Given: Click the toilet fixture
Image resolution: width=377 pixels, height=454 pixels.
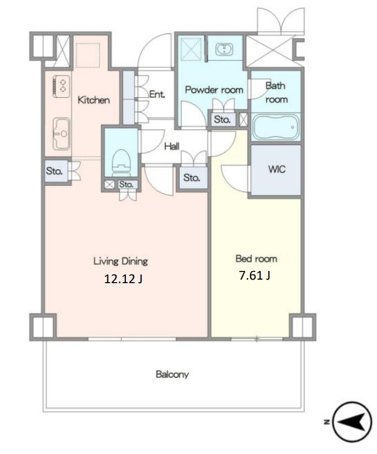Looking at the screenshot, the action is [121, 163].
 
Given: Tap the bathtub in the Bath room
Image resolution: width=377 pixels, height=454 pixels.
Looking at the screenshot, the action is [275, 127].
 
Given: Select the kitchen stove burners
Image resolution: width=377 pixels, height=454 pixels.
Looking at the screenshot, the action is [62, 86].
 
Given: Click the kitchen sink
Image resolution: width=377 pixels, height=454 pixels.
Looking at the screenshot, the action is [61, 134].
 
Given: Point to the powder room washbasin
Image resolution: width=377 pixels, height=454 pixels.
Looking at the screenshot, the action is [224, 49].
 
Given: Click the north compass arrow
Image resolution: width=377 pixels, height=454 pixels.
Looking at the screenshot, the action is [352, 422].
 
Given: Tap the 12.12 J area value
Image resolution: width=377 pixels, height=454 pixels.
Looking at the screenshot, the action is [123, 279].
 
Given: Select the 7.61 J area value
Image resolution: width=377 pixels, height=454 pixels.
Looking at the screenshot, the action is [255, 276].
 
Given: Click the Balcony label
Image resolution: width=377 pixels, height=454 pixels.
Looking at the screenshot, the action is [172, 374].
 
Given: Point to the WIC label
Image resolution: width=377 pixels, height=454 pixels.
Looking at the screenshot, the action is [277, 169].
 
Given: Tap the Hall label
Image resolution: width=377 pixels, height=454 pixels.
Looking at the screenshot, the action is [172, 146].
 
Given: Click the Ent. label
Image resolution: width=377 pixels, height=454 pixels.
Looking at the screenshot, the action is [157, 94].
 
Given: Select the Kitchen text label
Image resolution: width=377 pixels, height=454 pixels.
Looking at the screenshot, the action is [94, 100].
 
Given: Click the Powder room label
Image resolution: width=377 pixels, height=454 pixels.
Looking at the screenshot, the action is [214, 90].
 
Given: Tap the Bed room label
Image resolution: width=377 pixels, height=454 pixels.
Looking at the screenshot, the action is [256, 259].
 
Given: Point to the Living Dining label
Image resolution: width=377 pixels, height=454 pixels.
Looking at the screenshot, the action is [121, 261].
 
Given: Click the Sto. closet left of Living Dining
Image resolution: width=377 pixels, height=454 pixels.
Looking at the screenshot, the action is [56, 171].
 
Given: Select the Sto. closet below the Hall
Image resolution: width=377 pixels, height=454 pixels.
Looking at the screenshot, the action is [193, 177].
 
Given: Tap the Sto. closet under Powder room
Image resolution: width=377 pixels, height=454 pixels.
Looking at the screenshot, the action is [222, 119].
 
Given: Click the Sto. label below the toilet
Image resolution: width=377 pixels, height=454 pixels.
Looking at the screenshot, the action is [126, 184].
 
